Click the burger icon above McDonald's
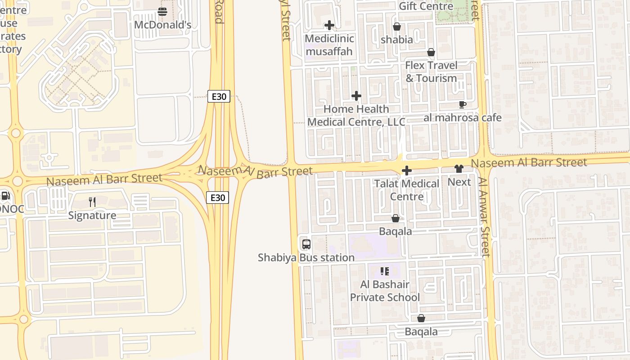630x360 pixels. [x=162, y=12]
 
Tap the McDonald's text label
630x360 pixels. [x=162, y=25]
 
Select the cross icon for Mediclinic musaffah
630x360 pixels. [x=329, y=26]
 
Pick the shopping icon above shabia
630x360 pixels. [x=396, y=27]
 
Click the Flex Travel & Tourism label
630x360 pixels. [x=431, y=72]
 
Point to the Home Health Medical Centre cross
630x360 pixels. [x=356, y=96]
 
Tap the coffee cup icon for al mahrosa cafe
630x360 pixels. [x=462, y=105]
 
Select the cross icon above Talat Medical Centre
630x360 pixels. [x=406, y=171]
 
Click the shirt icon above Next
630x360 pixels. [x=459, y=169]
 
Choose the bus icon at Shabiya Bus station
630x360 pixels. [x=306, y=244]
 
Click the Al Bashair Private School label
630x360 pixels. [x=385, y=291]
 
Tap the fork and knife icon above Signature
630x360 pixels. [x=92, y=202]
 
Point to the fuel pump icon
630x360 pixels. [x=5, y=196]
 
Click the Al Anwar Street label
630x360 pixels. [x=484, y=217]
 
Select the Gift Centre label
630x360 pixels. [x=426, y=6]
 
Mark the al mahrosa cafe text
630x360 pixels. [x=462, y=118]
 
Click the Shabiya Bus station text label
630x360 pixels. [x=306, y=257]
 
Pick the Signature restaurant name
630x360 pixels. [x=92, y=215]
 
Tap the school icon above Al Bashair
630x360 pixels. [x=384, y=271]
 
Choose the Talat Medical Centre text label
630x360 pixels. [x=406, y=190]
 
